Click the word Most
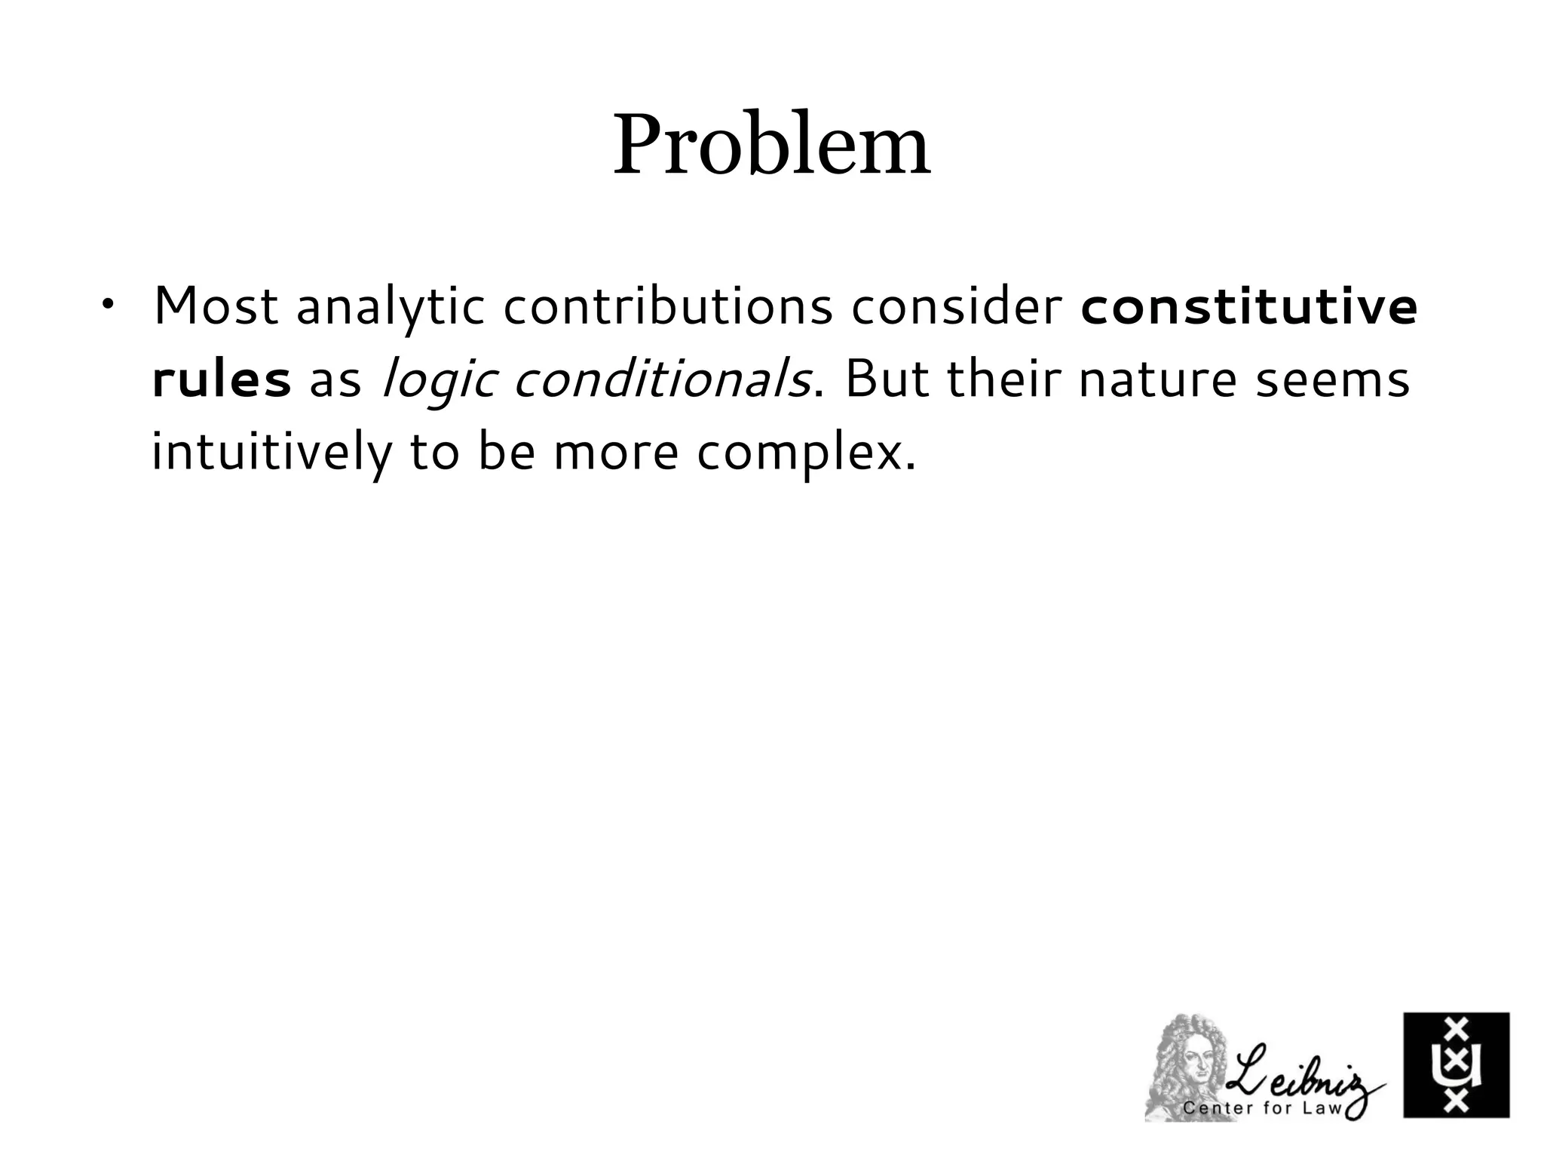(216, 307)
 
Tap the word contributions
(667, 307)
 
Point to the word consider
(956, 307)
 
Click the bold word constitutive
(1248, 307)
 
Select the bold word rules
(221, 379)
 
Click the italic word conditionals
(662, 379)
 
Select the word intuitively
(271, 453)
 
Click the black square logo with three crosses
(1456, 1064)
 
